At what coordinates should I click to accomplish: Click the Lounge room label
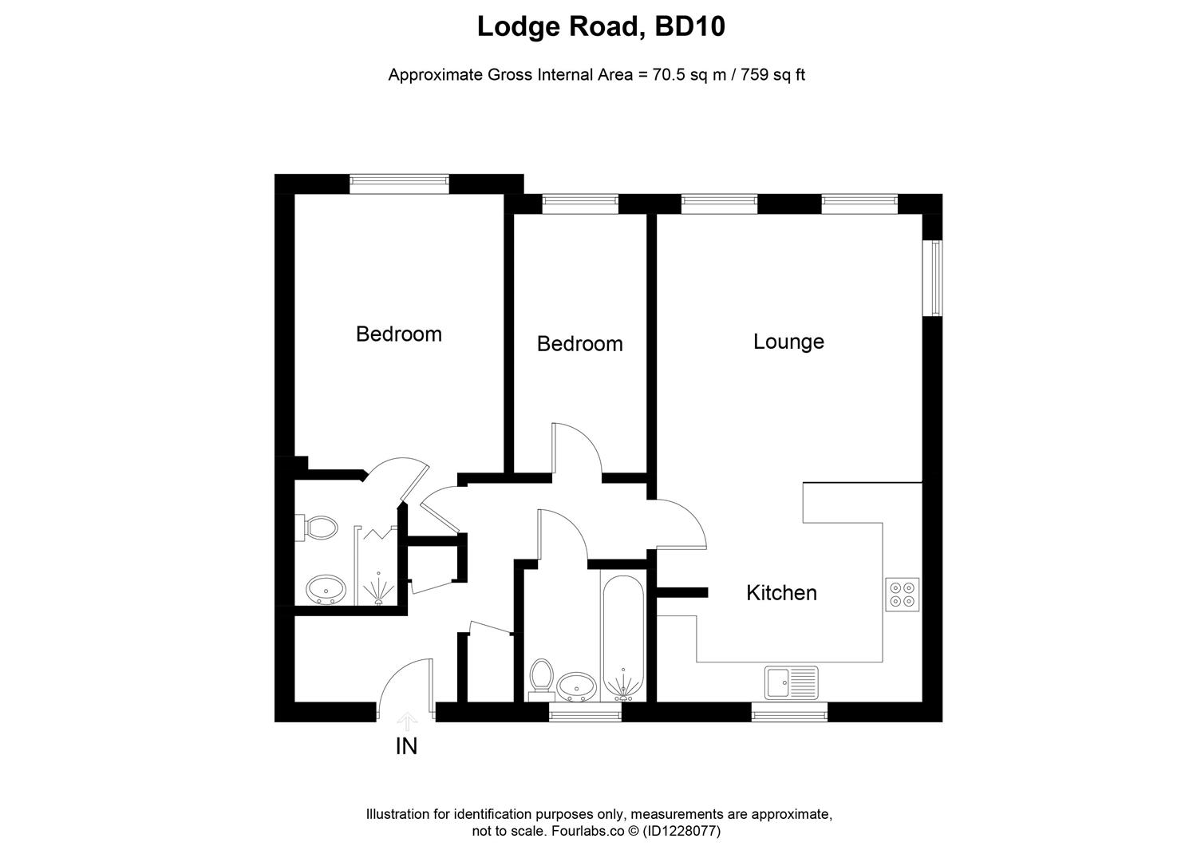coord(788,342)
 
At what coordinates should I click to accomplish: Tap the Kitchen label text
coord(781,593)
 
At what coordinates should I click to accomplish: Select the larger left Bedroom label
coord(398,334)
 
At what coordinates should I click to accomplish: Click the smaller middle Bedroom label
coord(579,344)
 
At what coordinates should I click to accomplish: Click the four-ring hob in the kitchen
coord(902,595)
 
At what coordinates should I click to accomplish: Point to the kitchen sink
coord(791,683)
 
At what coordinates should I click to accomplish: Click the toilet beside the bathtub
coord(542,677)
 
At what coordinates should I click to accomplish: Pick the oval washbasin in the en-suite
coord(326,591)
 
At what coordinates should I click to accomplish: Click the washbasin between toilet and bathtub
coord(576,685)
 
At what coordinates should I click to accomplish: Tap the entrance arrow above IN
coord(407,722)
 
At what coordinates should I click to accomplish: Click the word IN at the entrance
coord(406,747)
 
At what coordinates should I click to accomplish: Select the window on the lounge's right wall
coord(932,278)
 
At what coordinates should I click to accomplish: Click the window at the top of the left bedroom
coord(399,184)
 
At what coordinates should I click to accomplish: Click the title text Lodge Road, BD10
coord(600,27)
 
